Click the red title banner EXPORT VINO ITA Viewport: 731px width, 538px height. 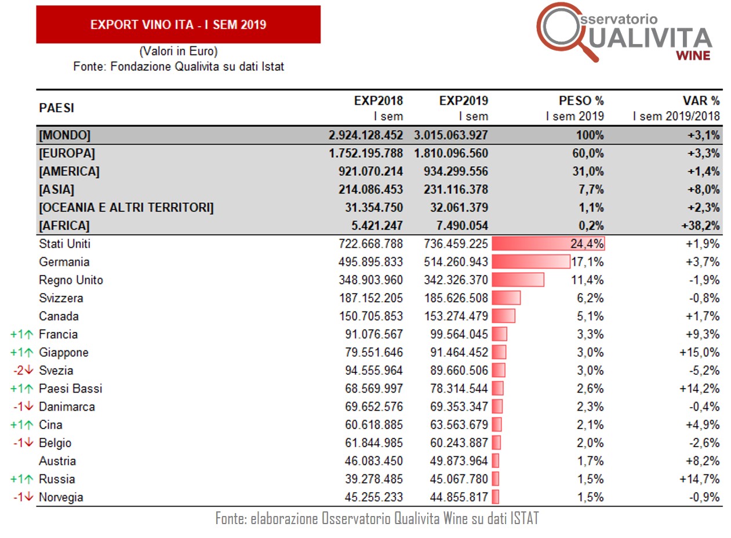178,24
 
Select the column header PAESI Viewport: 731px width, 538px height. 57,108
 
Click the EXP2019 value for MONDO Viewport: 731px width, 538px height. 451,136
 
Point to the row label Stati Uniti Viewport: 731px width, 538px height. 64,244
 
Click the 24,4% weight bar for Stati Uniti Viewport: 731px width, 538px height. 548,244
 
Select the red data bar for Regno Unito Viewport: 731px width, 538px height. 518,280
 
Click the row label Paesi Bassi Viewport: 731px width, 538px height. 70,389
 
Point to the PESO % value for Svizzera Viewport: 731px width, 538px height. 591,298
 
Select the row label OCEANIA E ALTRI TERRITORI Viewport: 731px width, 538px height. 126,208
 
